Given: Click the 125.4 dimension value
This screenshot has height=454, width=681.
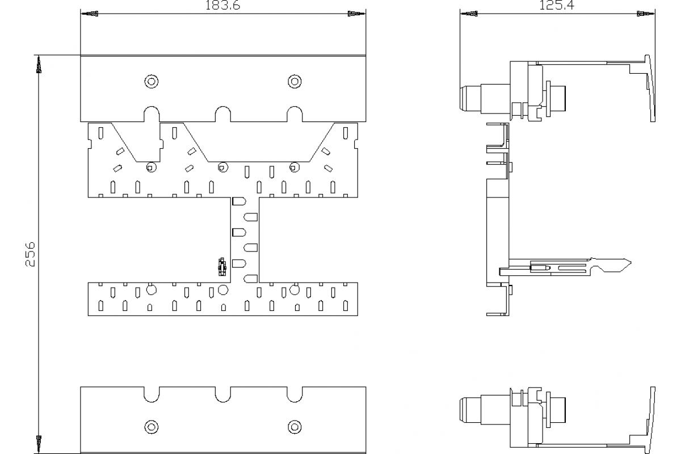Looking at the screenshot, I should tap(556, 6).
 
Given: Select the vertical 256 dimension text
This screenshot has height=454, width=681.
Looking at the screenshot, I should tap(31, 253).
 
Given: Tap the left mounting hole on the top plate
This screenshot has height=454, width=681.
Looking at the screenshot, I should tap(151, 81).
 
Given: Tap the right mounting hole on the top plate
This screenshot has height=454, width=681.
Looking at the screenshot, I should tap(294, 81).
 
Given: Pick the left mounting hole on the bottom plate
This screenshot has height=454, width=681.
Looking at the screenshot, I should tap(151, 426).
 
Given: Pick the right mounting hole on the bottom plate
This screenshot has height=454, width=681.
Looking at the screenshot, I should tap(294, 426).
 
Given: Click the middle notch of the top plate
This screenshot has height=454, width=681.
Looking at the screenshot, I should tap(222, 113).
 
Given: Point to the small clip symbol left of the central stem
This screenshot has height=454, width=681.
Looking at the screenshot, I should tap(222, 266).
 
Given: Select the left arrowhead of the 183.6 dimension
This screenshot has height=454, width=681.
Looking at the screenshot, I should tap(90, 13).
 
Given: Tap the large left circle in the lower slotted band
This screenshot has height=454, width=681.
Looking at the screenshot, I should tap(151, 291).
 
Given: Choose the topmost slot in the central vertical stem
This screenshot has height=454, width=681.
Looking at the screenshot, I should tap(239, 201).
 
